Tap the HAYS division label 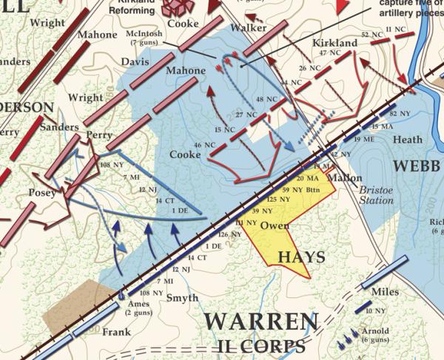301,257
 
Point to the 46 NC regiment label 203,145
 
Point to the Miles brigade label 385,292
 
